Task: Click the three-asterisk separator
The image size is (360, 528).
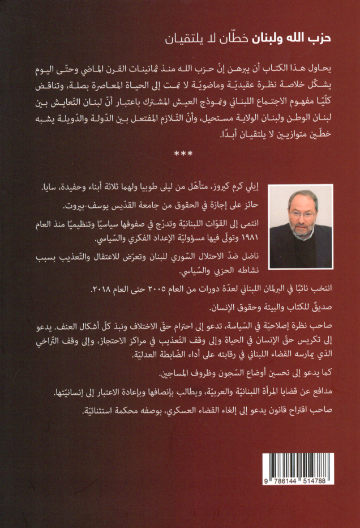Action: click(x=180, y=152)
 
